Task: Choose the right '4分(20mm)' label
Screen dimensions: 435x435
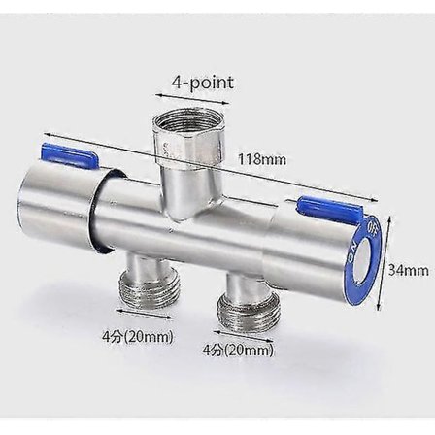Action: tap(239, 351)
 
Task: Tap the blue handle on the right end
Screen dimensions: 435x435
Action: tap(327, 204)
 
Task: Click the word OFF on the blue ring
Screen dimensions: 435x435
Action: tap(375, 230)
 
